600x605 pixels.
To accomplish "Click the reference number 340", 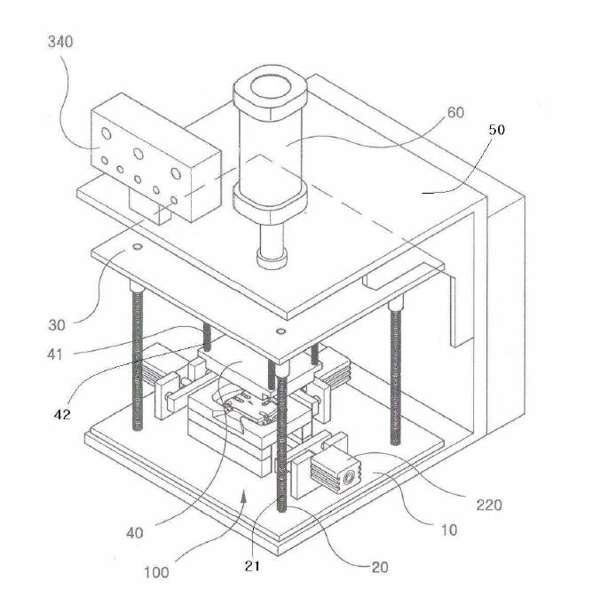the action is pos(60,42).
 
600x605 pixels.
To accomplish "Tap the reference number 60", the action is pos(455,112).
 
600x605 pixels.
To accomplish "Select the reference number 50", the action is pos(497,130).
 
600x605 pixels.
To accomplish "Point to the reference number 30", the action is pos(57,325).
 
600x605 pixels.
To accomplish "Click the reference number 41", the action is pos(55,354).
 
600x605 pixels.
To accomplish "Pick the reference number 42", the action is pos(62,415).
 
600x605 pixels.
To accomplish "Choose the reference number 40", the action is pos(135,533).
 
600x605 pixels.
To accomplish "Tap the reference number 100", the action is pos(156,572).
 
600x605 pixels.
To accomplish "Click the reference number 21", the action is pos(252,566).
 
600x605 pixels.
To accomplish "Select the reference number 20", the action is pos(379,567).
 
